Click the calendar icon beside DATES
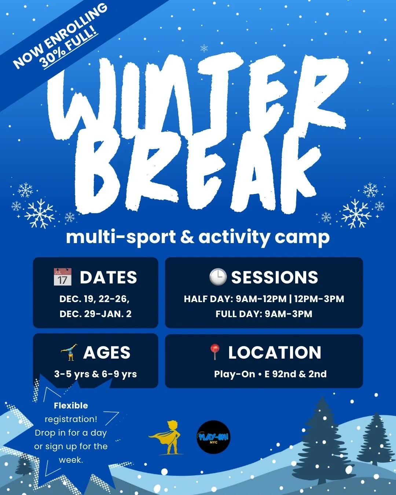pos(62,277)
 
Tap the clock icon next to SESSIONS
pos(218,277)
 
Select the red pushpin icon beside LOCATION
pos(215,352)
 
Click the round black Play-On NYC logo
pos(213,437)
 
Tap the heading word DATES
pos(109,278)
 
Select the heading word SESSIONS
pos(275,278)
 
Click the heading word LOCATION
pos(275,353)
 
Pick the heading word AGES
pos(107,353)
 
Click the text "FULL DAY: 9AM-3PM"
pos(264,314)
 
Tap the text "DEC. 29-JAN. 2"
pos(95,314)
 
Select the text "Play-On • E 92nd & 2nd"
pos(270,374)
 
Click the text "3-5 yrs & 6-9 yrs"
pos(95,374)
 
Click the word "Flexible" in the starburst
pos(71,406)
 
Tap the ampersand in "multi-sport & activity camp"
pos(187,237)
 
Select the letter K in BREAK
pos(293,176)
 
